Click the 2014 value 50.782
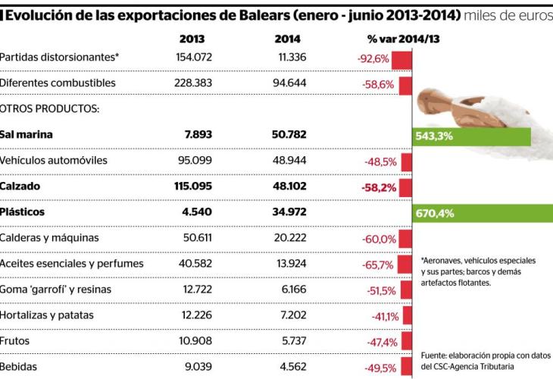click(289, 135)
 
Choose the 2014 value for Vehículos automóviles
click(289, 161)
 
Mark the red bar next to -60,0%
click(405, 239)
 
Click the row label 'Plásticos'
click(23, 212)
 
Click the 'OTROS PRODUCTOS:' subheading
click(51, 108)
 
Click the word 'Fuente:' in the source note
click(436, 355)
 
